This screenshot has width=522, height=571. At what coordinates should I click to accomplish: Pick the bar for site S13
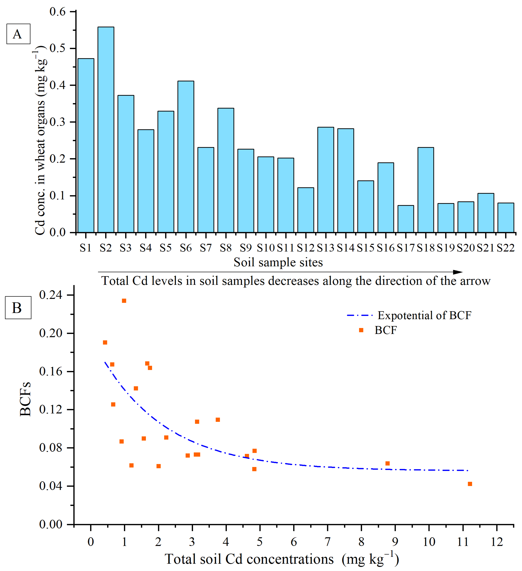pyautogui.click(x=326, y=180)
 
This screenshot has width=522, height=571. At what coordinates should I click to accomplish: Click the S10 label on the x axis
pyautogui.click(x=266, y=248)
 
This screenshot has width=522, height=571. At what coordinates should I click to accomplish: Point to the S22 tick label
pyautogui.click(x=506, y=248)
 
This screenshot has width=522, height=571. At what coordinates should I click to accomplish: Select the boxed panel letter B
pyautogui.click(x=18, y=308)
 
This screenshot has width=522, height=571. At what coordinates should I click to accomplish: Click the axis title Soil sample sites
pyautogui.click(x=278, y=262)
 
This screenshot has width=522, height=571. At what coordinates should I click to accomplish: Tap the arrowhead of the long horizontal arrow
pyautogui.click(x=458, y=272)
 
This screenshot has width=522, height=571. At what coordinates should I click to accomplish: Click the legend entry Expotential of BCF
pyautogui.click(x=424, y=315)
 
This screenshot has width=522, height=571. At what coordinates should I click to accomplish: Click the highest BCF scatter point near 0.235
pyautogui.click(x=124, y=301)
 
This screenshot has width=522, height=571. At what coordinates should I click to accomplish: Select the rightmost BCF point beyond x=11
pyautogui.click(x=470, y=484)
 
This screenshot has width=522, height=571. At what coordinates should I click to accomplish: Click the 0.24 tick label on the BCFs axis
pyautogui.click(x=50, y=295)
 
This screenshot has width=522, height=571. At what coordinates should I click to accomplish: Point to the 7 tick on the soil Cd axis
pyautogui.click(x=328, y=542)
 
